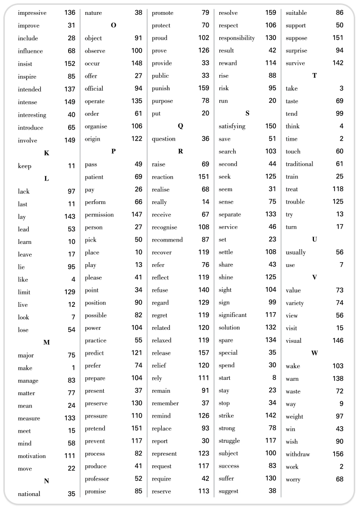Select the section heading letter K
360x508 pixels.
coord(47,153)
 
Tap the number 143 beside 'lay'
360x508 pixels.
coord(70,217)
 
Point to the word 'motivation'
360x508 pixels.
coord(32,456)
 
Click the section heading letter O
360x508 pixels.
coord(113,25)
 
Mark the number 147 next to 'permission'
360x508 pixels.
coord(137,214)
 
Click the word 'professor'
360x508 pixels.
coord(97,479)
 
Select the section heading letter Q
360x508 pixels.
coord(180,126)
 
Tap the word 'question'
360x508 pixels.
coord(164,139)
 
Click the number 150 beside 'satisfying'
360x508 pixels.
coord(271,126)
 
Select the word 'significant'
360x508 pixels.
coord(233,315)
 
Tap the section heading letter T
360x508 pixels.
coord(314,76)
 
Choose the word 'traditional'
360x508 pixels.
coord(299,164)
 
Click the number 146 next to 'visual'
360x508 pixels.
coord(338,340)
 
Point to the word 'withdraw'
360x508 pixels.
coord(298,454)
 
